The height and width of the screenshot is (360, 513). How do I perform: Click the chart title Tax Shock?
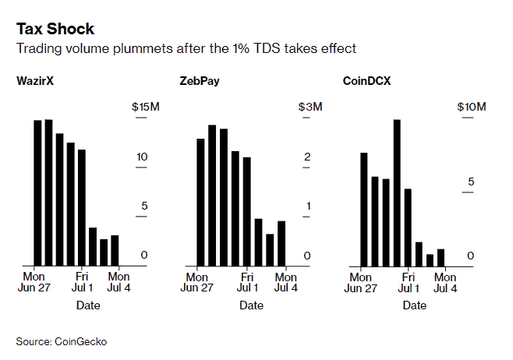pyautogui.click(x=55, y=30)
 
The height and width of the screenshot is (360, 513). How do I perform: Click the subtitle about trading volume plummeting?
pyautogui.click(x=186, y=48)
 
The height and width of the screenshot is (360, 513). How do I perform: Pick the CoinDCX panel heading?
pyautogui.click(x=368, y=80)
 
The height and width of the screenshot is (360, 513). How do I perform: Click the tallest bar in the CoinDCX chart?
pyautogui.click(x=397, y=192)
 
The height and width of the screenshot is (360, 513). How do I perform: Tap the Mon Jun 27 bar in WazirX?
pyautogui.click(x=37, y=192)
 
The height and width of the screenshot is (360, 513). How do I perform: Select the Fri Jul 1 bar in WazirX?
pyautogui.click(x=82, y=207)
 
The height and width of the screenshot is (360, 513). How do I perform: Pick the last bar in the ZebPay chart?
pyautogui.click(x=281, y=243)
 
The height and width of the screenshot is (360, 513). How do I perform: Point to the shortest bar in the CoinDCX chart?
pyautogui.click(x=430, y=259)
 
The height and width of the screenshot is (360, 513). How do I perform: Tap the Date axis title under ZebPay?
pyautogui.click(x=251, y=305)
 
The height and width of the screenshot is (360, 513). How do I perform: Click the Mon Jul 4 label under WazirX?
pyautogui.click(x=119, y=282)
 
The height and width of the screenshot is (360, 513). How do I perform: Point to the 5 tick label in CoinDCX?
pyautogui.click(x=470, y=182)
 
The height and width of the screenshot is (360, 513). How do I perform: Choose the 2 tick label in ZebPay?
pyautogui.click(x=307, y=157)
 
